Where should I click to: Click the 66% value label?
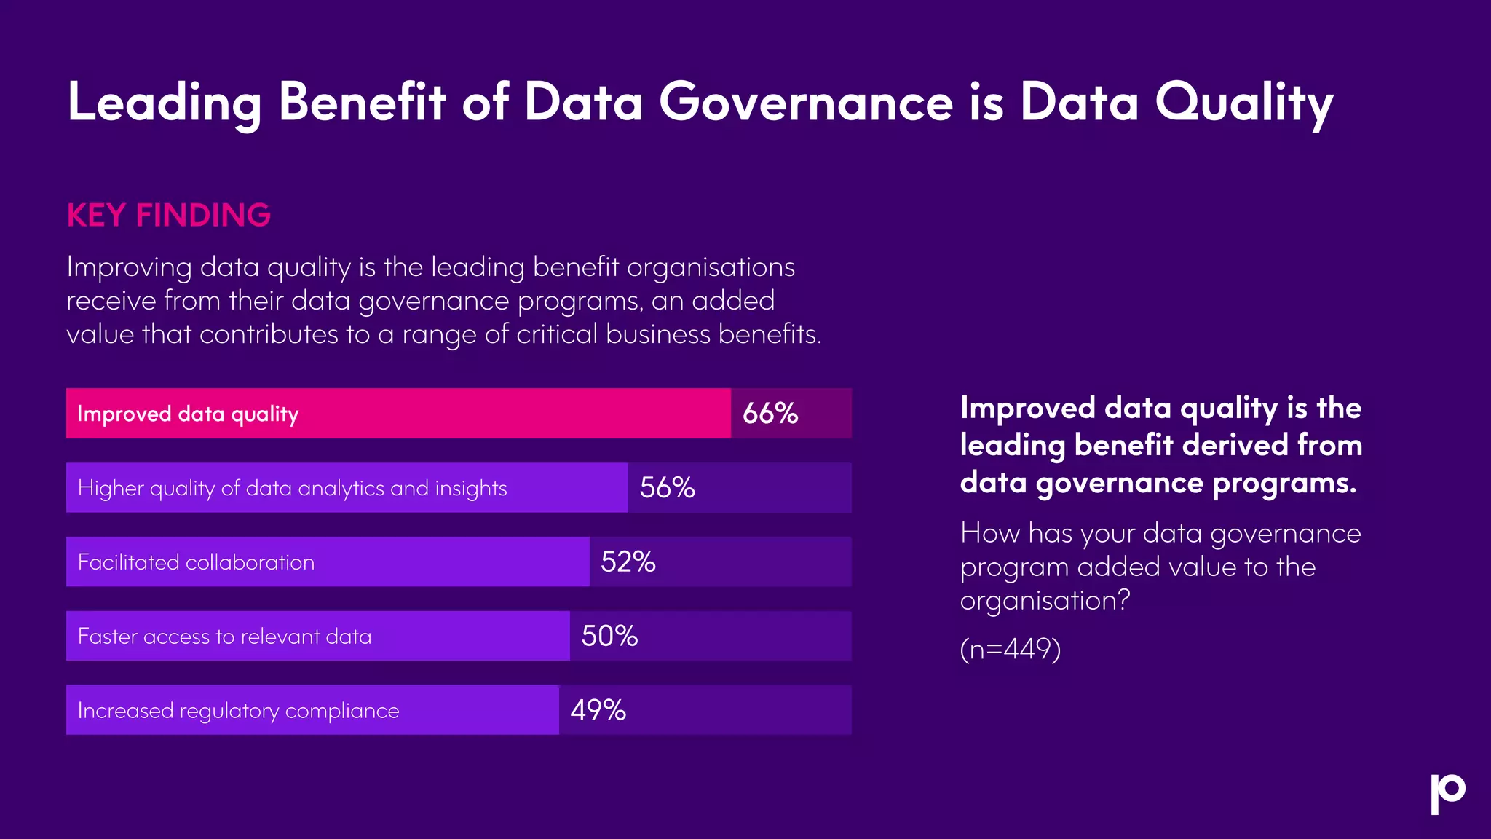coord(770,414)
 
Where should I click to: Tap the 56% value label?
coord(667,488)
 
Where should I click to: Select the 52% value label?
coord(628,562)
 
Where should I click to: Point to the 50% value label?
coord(609,637)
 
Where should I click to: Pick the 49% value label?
coord(598,710)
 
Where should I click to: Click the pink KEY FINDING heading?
coord(169,216)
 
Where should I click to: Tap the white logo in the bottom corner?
coord(1447,793)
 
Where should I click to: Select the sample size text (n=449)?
coord(1010,648)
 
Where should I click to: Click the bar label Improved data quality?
coord(188,414)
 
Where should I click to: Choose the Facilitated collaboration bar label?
coord(196,562)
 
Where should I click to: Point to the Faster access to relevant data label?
coord(224,637)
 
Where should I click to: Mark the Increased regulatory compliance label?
coord(238,711)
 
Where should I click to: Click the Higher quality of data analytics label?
coord(292,488)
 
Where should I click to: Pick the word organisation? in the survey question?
coord(1045,601)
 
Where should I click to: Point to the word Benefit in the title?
coord(362,102)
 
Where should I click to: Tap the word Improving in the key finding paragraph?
coord(129,268)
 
